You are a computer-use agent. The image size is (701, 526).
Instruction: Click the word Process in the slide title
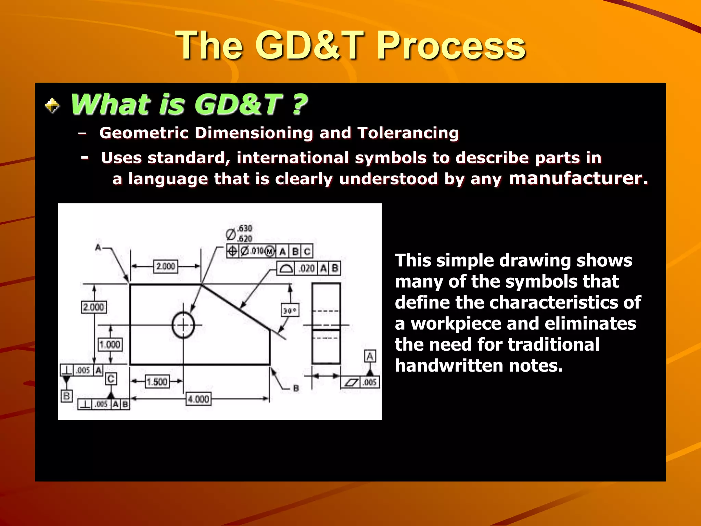[x=451, y=46]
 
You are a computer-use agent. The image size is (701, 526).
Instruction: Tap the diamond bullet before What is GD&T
[x=52, y=105]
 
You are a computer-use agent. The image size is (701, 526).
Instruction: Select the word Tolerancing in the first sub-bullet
[x=408, y=133]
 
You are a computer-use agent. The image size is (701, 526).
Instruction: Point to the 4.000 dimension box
[x=199, y=399]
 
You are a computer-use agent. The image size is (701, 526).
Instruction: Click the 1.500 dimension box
[x=157, y=381]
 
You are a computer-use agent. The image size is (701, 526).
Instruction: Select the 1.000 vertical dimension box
[x=110, y=344]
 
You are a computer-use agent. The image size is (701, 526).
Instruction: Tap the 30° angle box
[x=290, y=311]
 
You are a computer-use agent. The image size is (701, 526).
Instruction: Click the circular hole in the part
[x=183, y=325]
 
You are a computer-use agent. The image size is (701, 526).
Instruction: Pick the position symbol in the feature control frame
[x=232, y=251]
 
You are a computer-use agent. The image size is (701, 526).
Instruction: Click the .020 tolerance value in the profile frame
[x=307, y=268]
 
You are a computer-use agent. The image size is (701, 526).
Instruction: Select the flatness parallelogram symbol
[x=351, y=383]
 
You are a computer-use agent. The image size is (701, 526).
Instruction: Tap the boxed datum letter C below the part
[x=111, y=379]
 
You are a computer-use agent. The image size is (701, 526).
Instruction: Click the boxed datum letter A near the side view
[x=370, y=356]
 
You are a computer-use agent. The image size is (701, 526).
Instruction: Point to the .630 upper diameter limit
[x=245, y=228]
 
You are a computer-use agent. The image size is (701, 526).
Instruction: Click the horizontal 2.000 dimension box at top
[x=165, y=266]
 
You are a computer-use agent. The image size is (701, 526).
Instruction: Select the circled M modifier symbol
[x=270, y=252]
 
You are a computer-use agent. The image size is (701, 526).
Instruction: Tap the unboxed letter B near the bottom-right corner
[x=296, y=388]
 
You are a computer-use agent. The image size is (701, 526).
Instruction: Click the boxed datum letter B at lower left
[x=66, y=396]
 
